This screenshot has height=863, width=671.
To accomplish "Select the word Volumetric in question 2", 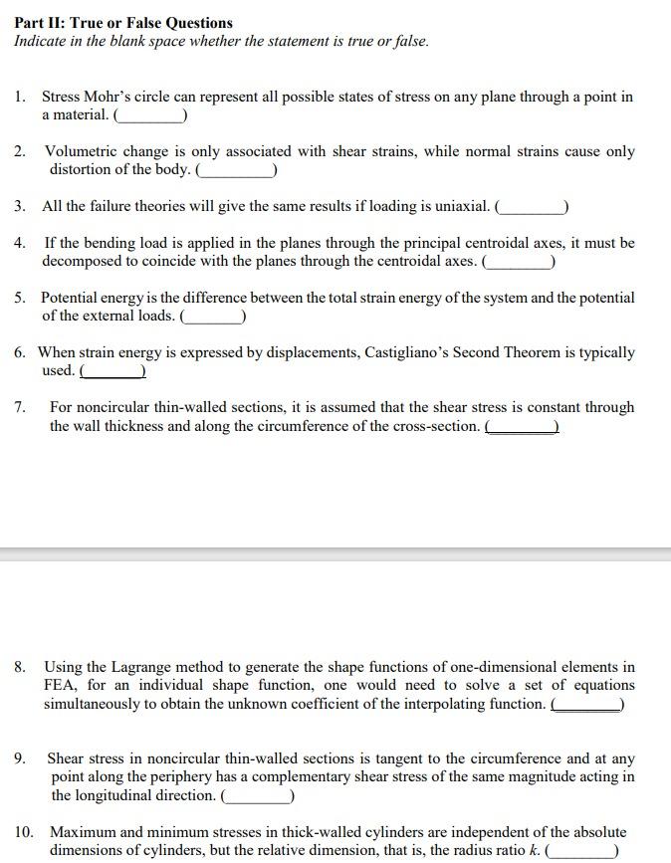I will click(82, 152).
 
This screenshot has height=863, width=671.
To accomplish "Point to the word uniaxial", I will click(458, 207).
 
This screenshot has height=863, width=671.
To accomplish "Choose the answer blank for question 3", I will click(533, 207).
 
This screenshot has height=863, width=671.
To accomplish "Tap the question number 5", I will click(20, 299).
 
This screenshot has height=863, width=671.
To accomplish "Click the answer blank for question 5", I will click(213, 317).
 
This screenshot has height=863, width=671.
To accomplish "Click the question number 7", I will click(20, 408).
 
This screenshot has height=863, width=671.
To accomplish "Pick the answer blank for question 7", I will click(522, 426).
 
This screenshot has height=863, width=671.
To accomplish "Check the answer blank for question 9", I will click(257, 795).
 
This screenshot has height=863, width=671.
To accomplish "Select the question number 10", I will click(24, 832).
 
